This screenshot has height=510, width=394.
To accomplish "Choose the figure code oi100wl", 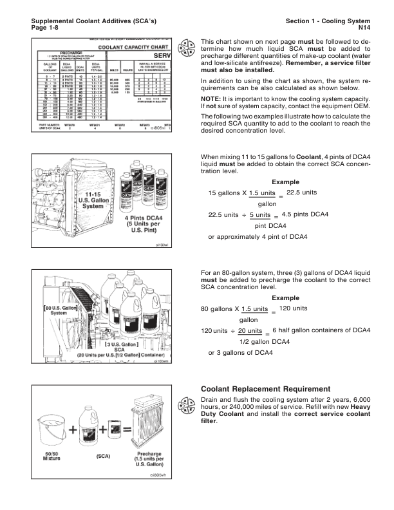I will pos(165,246).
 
